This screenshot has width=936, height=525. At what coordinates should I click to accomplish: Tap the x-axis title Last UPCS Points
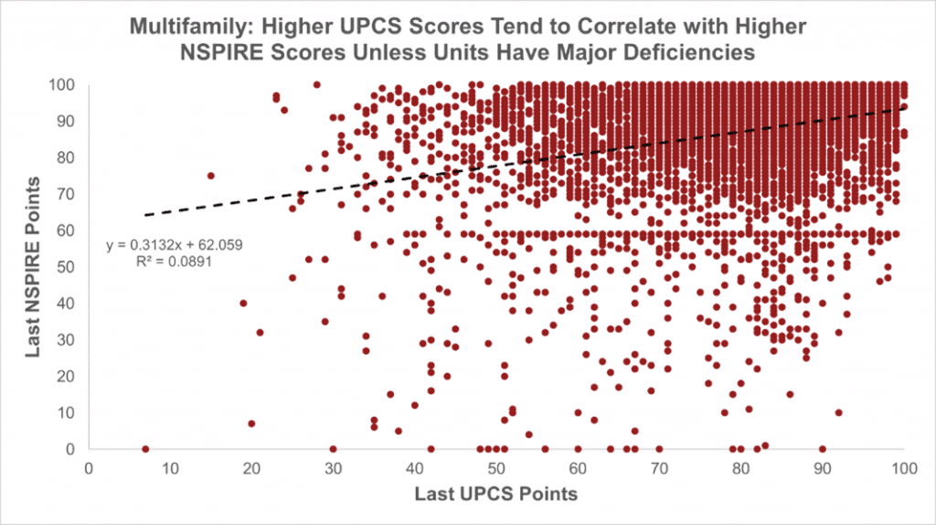tap(496, 494)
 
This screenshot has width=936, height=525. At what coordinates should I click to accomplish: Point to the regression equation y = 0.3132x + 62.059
tap(175, 245)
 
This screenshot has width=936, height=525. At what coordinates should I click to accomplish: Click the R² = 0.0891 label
tap(174, 261)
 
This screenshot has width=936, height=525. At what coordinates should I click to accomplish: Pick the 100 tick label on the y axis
tap(61, 85)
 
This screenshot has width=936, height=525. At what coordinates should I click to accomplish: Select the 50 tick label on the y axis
tap(66, 267)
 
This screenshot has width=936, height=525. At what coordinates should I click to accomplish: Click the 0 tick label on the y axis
tap(69, 449)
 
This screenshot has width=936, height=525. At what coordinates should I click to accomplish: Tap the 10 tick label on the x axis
tap(170, 468)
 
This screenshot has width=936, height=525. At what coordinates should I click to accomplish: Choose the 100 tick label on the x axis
tap(904, 468)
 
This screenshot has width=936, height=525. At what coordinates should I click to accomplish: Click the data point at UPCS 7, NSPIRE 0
tap(145, 449)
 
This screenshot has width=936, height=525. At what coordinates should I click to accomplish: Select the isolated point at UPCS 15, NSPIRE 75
tap(211, 176)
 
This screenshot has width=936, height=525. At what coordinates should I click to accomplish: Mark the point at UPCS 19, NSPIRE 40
tap(243, 304)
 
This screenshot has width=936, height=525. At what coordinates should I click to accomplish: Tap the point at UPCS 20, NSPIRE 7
tap(251, 423)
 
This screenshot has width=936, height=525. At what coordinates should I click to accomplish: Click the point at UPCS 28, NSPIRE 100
tap(317, 85)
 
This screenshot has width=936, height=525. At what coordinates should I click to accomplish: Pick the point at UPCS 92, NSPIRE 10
tap(839, 412)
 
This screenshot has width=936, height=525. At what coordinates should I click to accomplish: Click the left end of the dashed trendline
tap(145, 215)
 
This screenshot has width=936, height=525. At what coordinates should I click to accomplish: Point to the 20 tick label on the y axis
tap(66, 376)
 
